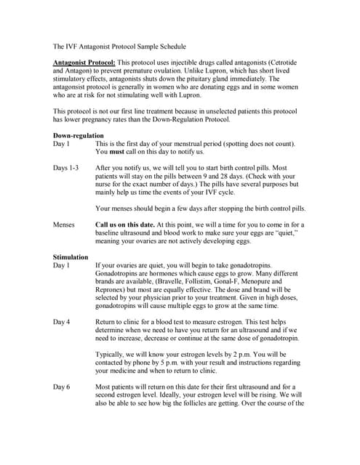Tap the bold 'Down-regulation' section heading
(x=79, y=136)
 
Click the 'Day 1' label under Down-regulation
(x=62, y=144)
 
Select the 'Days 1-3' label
(x=66, y=169)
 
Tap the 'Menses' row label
(x=65, y=225)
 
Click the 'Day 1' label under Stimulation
(x=62, y=266)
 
